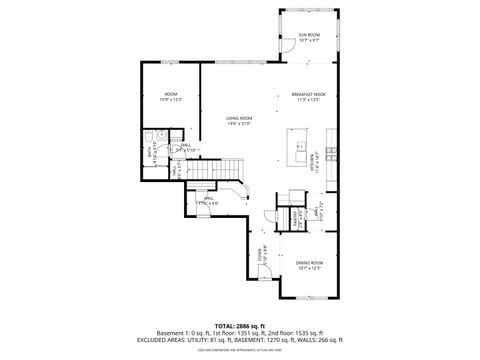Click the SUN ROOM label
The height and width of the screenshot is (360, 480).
[309, 35]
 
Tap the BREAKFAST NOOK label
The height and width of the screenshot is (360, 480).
[309, 94]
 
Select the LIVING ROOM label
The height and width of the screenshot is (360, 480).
[238, 118]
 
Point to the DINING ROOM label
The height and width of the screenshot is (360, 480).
[309, 263]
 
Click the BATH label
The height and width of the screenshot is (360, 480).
[151, 153]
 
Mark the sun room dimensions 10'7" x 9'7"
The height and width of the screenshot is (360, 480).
[309, 41]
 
